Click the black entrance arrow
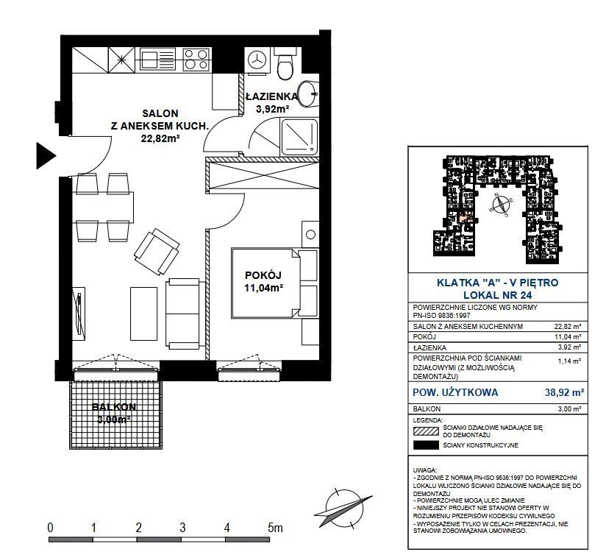[46, 155]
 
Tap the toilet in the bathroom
[285, 64]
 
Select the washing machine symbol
[257, 60]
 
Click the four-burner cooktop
[196, 60]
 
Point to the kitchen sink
[157, 60]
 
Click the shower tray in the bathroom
[299, 137]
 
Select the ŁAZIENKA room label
[272, 96]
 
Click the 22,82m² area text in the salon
[160, 138]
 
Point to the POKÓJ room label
[263, 275]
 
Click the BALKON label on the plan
[114, 407]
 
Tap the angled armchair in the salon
[157, 252]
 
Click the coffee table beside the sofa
[143, 314]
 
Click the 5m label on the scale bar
[275, 528]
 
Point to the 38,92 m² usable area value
[564, 392]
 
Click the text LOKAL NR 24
[498, 295]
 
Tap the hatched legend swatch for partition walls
[427, 431]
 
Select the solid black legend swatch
[427, 445]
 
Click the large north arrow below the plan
[343, 509]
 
